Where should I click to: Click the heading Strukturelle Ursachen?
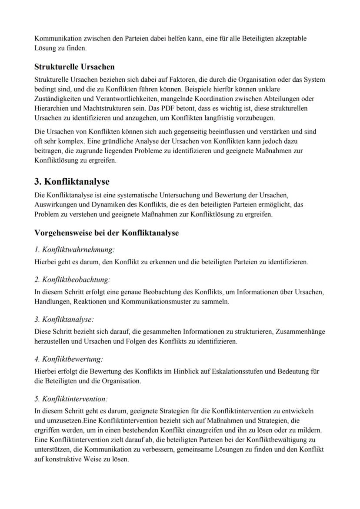[x=74, y=67]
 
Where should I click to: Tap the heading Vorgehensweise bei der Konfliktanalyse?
[x=107, y=233]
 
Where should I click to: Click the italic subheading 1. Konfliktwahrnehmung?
[x=74, y=250]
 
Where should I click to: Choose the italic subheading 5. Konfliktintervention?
[x=71, y=399]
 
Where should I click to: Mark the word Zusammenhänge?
[x=301, y=332]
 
